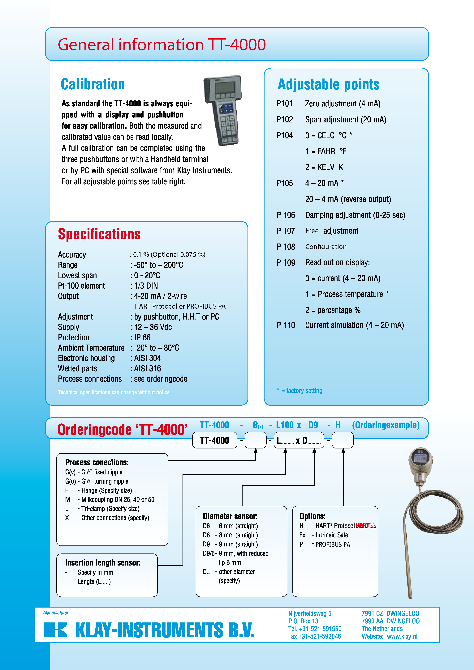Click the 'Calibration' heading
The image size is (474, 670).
point(93,85)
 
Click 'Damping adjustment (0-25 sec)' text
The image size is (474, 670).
point(355,215)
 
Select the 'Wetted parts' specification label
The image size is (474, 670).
point(77,369)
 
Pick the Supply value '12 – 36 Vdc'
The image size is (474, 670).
point(153,327)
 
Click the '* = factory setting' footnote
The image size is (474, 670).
point(300,391)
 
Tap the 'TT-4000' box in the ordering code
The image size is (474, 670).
point(214,440)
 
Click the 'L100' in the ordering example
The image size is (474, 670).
point(285,425)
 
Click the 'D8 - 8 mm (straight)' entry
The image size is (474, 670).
point(231,535)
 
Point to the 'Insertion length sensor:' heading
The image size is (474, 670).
point(103,563)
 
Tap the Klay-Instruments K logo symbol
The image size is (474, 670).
point(55,630)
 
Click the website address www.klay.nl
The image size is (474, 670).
point(402,636)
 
